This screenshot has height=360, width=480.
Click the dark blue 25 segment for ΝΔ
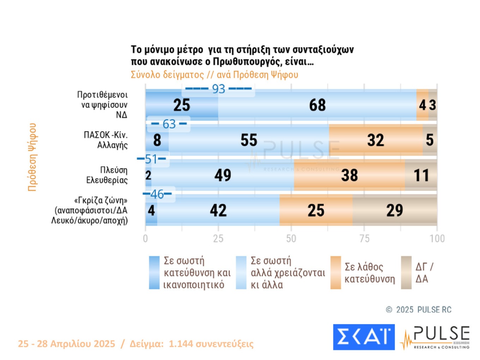[x=181, y=105]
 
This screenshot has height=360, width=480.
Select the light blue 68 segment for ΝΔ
[x=317, y=105]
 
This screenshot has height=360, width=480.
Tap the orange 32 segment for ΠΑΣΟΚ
[x=376, y=140]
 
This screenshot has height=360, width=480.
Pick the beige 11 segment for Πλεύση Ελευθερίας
[x=421, y=175]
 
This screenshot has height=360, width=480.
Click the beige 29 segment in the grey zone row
[x=395, y=210]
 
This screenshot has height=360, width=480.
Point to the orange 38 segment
[x=349, y=175]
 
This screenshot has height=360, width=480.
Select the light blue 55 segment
[x=249, y=140]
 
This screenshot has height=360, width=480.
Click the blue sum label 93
[x=218, y=89]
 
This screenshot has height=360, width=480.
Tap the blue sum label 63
[x=169, y=124]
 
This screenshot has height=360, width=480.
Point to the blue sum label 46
[x=157, y=194]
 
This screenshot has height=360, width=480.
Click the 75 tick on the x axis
[x=364, y=239]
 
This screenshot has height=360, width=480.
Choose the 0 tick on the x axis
[x=145, y=239]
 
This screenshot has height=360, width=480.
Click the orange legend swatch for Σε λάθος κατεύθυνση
[x=336, y=272]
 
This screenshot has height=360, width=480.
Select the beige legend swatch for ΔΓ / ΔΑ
[x=406, y=272]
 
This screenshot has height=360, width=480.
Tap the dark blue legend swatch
[x=154, y=272]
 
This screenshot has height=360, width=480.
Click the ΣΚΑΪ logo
[x=364, y=337]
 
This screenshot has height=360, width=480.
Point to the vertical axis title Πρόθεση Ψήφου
[x=32, y=157]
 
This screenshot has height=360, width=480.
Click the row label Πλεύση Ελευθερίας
[x=107, y=175]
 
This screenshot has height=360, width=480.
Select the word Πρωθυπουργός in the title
[x=247, y=62]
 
